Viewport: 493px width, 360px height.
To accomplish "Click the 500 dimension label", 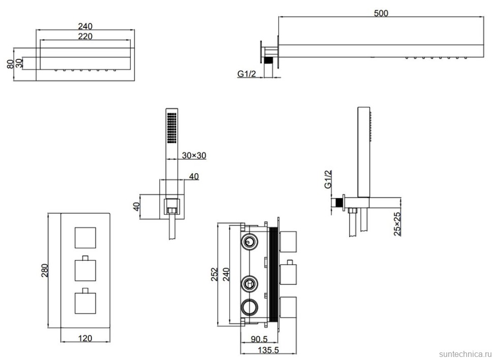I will coord(381,13).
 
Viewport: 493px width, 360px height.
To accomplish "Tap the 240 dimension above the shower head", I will coord(85,26).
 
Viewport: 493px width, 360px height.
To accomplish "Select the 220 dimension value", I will coord(85,36).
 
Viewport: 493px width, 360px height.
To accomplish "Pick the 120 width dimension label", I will coord(85,338).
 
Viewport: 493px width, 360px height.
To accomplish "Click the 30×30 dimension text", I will coord(194,156).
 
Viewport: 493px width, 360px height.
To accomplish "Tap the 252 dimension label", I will coord(214,274).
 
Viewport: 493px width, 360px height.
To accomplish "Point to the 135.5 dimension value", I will coord(261,350).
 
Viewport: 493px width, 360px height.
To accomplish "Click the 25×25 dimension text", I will coord(398,223).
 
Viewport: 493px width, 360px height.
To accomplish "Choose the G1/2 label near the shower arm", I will coord(247,74).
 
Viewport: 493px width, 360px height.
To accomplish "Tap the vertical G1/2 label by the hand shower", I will coord(328,180).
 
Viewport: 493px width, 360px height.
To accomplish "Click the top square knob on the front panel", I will coord(85,238).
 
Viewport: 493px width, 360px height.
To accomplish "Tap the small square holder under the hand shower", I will coord(171,205).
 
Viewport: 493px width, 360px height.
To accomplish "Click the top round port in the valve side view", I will coord(249,241).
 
